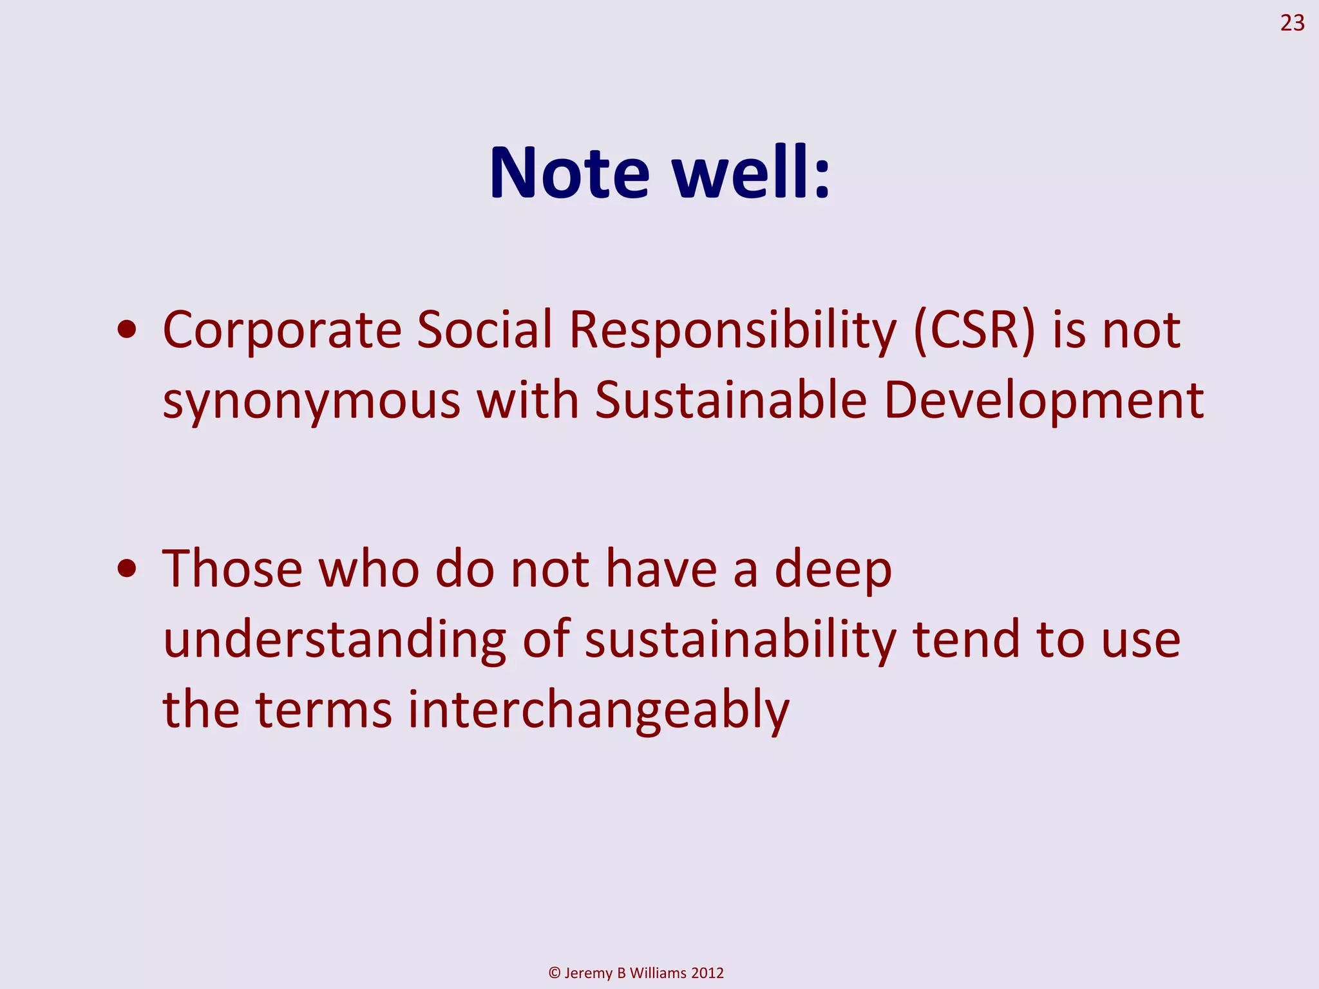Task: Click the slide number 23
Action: click(1291, 23)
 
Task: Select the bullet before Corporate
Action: click(127, 330)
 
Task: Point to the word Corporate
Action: click(282, 330)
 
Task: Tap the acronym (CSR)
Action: click(974, 330)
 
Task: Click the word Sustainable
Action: click(730, 400)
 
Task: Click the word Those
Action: click(232, 569)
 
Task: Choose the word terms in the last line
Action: click(323, 710)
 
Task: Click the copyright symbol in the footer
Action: click(555, 973)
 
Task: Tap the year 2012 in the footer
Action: click(707, 973)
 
